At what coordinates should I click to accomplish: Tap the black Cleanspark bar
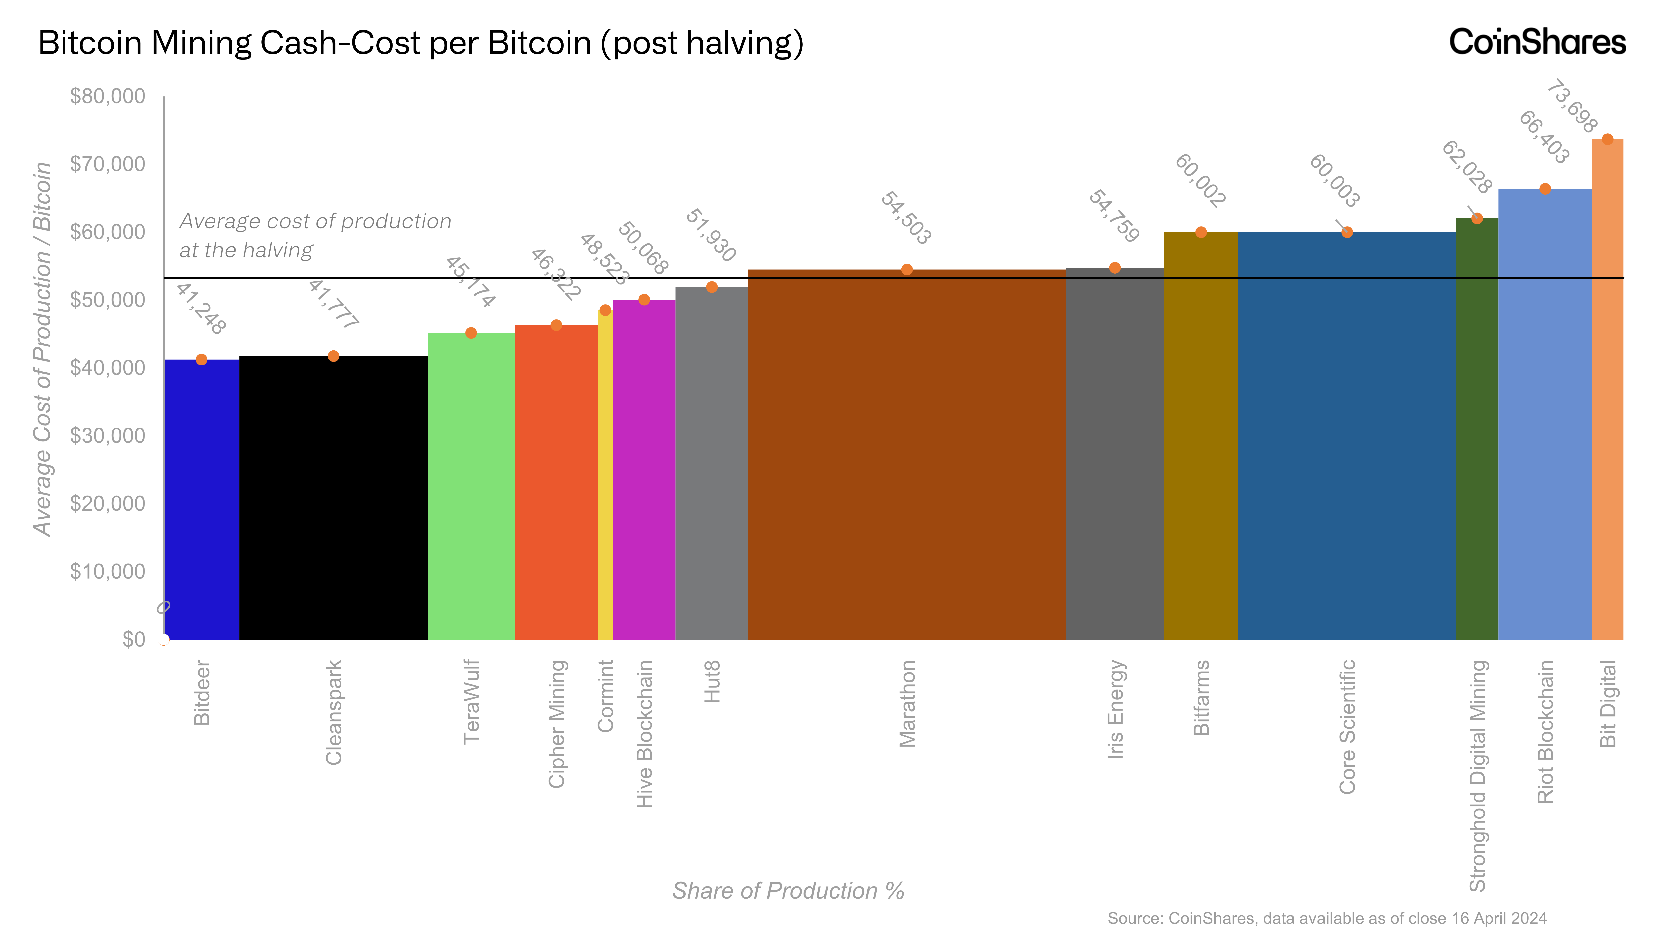(x=333, y=497)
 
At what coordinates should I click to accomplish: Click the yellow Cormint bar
(x=605, y=478)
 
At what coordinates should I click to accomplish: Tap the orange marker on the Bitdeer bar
(x=202, y=360)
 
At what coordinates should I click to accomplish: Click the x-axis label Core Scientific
(x=1347, y=726)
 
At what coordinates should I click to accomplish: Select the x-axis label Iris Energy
(x=1115, y=709)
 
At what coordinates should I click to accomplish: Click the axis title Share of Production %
(x=788, y=891)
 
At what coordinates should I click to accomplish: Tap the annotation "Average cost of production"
(x=315, y=221)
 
